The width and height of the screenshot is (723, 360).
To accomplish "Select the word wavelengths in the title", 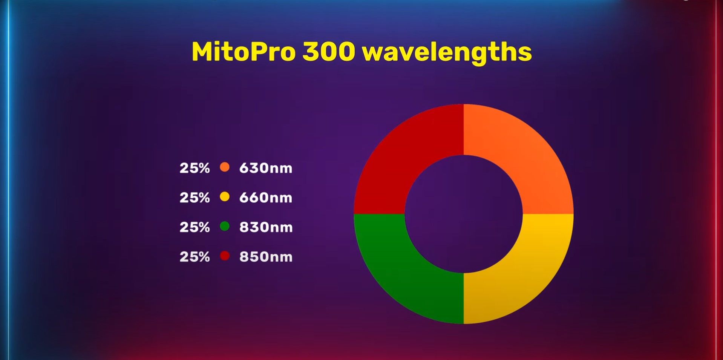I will coord(447,53).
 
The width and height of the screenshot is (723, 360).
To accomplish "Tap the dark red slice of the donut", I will coord(400,151).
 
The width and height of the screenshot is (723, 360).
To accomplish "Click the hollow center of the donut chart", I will coord(464,214).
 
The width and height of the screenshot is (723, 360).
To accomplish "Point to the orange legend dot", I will coord(225,167).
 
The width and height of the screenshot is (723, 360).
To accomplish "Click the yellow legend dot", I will coord(225,196).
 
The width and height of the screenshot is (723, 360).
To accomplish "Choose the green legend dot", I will coord(225,226).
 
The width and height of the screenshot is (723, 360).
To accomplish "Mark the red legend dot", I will coord(225,256).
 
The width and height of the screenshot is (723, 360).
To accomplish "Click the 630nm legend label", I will coord(266,168).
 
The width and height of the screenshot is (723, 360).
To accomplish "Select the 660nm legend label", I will coord(266,198).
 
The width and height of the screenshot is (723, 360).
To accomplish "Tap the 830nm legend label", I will coord(266,227).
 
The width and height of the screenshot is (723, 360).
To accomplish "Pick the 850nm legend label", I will coord(266,257).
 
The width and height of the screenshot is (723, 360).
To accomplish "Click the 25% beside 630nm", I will coord(195,168).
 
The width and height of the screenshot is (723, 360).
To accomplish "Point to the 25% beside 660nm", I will coord(195,198).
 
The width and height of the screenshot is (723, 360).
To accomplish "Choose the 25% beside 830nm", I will coord(195,227).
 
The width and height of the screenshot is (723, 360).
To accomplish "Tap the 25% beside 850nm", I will coord(195,257).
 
